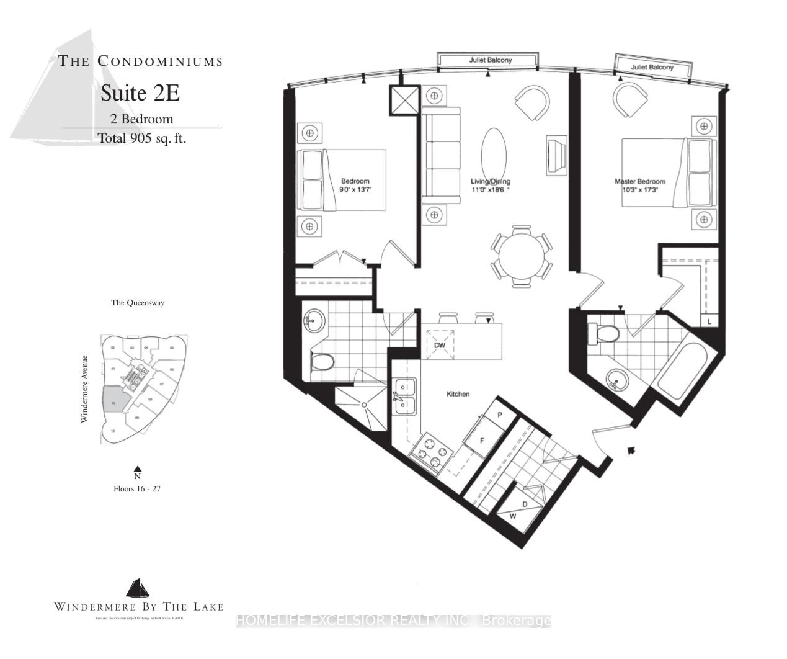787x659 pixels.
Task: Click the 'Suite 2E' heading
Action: coord(140,93)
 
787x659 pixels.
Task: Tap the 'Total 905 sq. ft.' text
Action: coord(142,138)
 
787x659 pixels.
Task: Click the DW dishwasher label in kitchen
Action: coord(439,345)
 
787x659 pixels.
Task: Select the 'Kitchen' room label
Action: coord(458,394)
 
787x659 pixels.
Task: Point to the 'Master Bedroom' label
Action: coord(639,182)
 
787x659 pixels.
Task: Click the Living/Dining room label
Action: coord(490,182)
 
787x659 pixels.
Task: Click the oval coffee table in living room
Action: coord(494,155)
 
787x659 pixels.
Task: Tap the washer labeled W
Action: coord(513,516)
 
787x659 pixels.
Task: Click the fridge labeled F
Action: coord(481,439)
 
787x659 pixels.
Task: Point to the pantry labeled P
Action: coord(499,414)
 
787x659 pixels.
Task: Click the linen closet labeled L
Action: coord(709,321)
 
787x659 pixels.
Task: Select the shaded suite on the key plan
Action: coord(114,400)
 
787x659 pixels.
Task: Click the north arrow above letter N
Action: coord(138,469)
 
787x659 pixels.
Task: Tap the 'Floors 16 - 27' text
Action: coord(137,488)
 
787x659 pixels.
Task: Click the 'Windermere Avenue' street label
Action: coord(84,389)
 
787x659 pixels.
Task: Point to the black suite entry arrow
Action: coord(631,451)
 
